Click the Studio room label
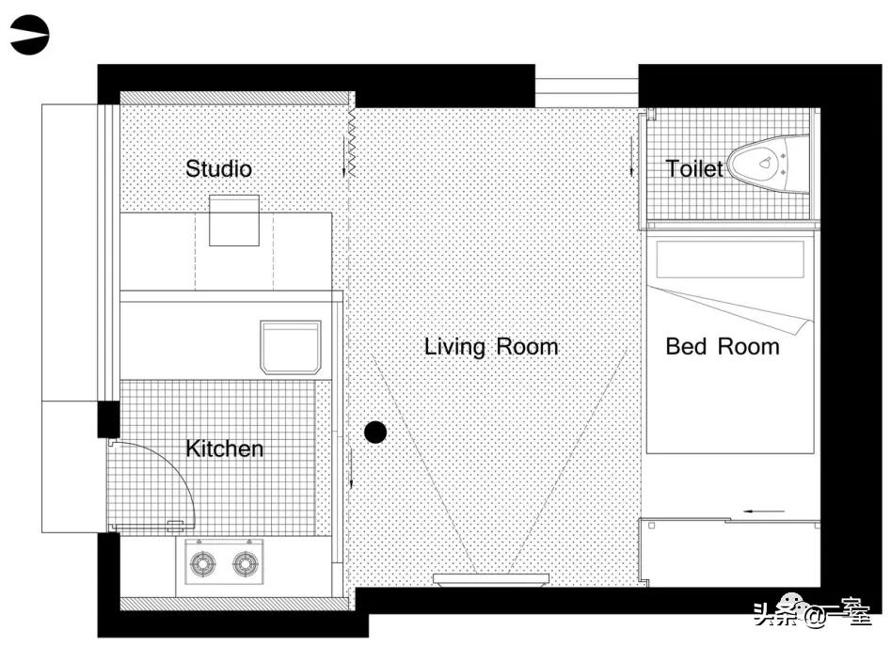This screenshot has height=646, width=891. point(219,168)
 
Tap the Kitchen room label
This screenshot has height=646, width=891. point(225,449)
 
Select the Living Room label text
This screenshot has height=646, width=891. point(491,347)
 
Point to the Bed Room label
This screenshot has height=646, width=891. point(723,346)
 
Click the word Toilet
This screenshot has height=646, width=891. point(694,168)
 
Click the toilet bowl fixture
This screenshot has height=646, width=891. point(769,164)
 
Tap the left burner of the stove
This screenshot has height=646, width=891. point(202,563)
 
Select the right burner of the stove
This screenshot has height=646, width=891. point(247,563)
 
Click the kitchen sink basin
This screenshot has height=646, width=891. point(291,347)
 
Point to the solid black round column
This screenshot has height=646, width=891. point(375,433)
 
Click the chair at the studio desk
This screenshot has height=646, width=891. point(234,221)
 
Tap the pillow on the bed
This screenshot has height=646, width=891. point(730,260)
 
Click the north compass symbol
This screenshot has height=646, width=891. point(29,35)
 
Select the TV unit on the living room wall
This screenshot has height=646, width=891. point(491,579)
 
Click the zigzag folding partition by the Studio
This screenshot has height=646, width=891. point(352,142)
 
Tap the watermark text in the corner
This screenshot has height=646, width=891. point(813,614)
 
